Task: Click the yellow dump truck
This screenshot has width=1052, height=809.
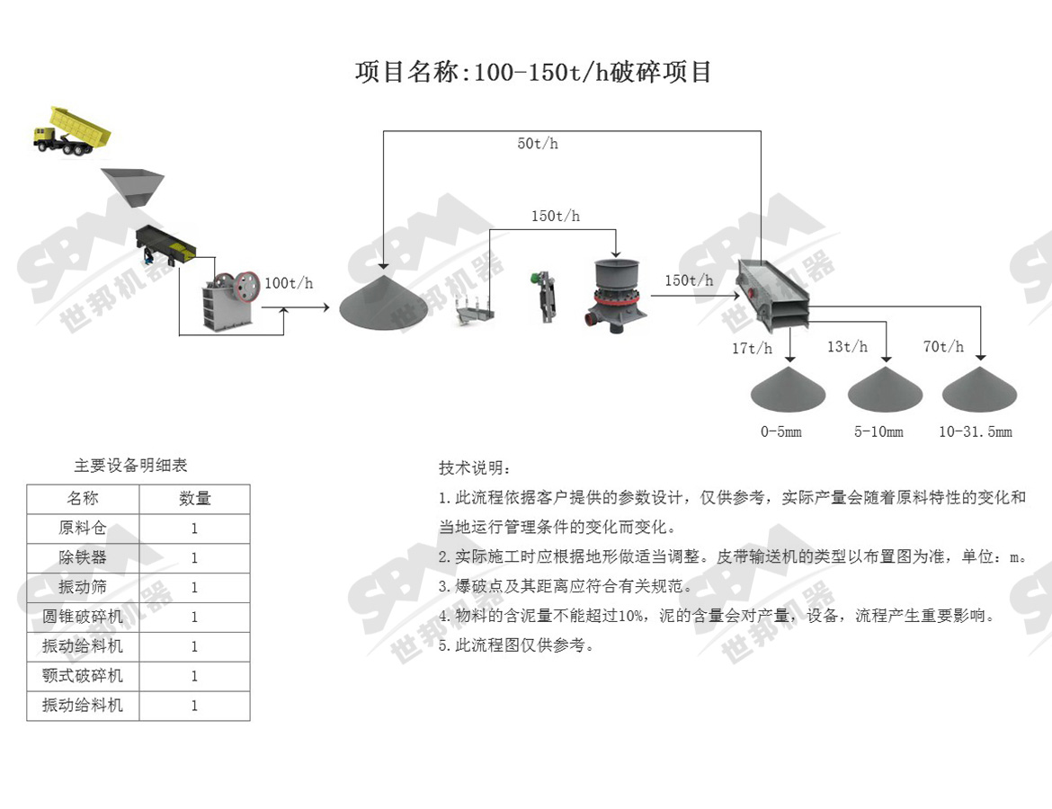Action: [72, 131]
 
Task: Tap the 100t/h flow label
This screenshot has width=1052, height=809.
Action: [289, 283]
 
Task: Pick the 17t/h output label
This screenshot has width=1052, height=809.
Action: [752, 348]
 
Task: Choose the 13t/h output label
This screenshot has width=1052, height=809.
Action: [847, 347]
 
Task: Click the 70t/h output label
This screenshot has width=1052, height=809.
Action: [943, 347]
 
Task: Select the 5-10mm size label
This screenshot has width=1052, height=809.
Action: [878, 432]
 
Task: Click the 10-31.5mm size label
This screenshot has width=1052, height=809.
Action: [976, 432]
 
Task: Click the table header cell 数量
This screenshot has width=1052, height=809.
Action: [194, 499]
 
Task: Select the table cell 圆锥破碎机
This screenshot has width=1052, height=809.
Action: [83, 617]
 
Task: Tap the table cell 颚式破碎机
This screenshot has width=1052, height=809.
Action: [83, 676]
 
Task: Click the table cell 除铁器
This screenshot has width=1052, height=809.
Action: [83, 557]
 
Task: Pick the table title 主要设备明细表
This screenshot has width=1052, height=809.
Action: [130, 466]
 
